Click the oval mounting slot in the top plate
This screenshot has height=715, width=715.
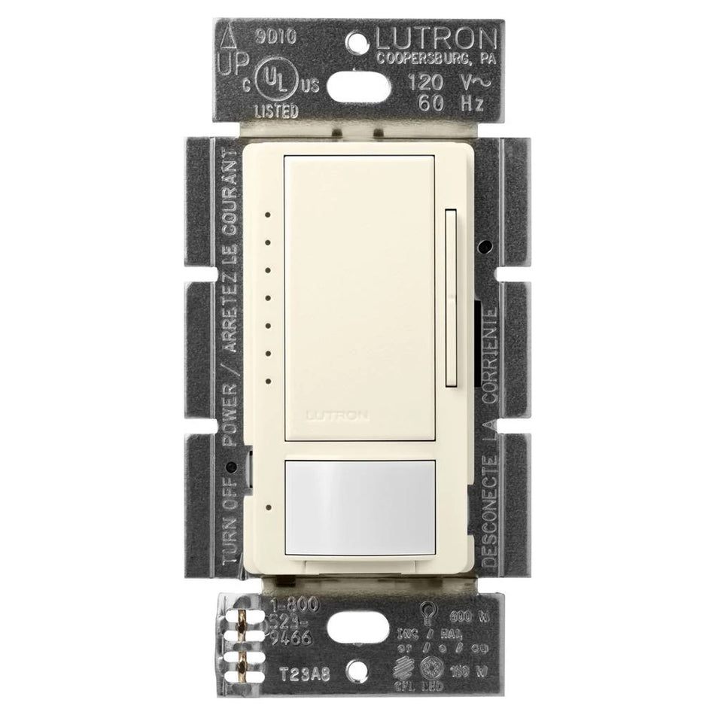point(357,81)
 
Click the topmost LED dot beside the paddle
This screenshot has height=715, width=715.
point(267,214)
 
